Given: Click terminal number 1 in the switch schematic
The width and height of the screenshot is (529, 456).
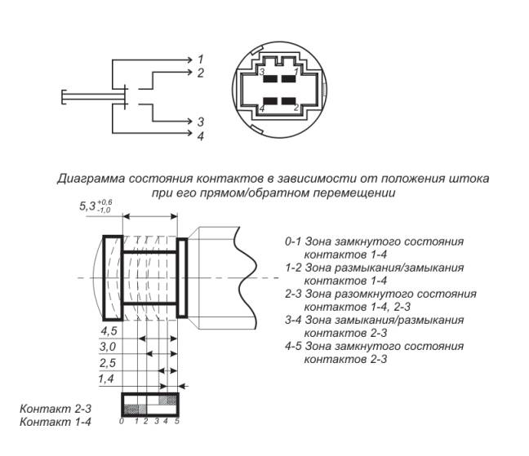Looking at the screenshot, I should pos(200,59).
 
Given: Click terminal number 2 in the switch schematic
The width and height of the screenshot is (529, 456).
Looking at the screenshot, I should pos(200,73).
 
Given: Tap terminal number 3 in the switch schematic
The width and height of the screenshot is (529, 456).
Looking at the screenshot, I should pos(200,122).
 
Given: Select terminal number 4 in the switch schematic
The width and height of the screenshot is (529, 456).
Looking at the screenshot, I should pos(200,135).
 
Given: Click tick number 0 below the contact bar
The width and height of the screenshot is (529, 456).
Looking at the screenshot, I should pos(121,422).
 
